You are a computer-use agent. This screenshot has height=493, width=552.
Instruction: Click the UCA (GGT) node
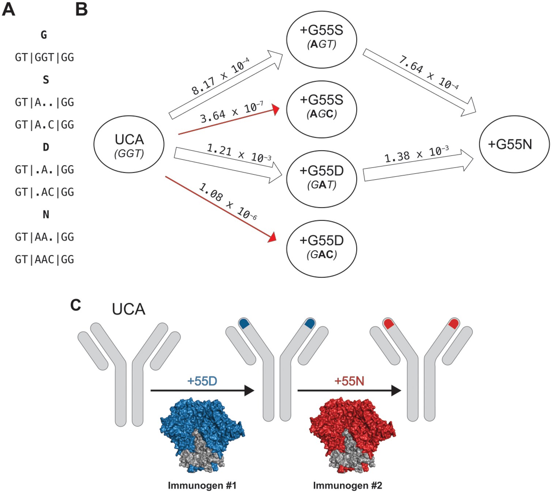129,145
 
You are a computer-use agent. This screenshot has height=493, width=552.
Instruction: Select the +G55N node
514,144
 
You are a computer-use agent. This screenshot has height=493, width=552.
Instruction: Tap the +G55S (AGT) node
321,39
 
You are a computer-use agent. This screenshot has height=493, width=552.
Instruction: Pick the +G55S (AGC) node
321,109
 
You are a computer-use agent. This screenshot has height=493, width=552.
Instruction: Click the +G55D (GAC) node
321,249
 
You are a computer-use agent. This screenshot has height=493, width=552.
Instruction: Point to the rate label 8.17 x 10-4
220,77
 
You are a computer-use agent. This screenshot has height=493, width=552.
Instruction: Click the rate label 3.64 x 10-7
231,112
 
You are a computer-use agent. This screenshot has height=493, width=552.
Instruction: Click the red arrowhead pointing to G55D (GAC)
272,237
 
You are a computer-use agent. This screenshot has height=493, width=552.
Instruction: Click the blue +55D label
202,381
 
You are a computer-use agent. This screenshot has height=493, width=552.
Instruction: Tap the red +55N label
349,381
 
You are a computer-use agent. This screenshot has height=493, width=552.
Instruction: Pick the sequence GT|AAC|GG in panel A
45,260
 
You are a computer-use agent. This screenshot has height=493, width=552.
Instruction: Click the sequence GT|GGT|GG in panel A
45,57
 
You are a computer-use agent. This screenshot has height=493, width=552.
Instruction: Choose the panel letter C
75,305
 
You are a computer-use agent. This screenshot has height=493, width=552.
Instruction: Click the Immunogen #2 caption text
347,485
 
